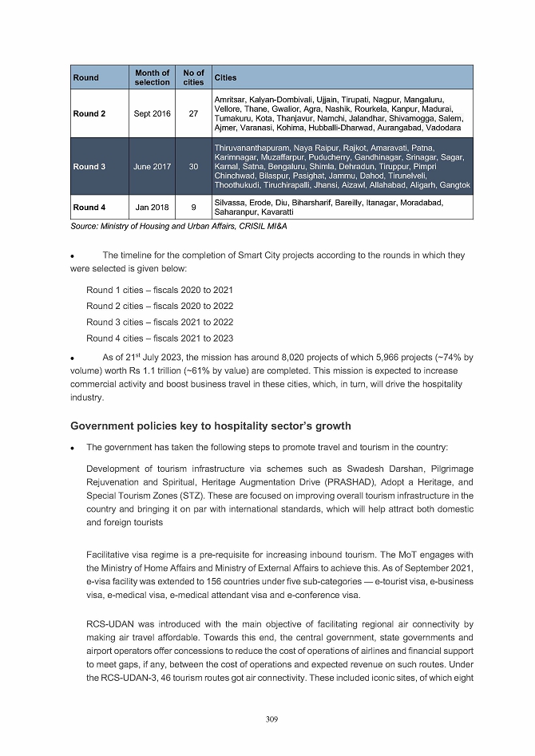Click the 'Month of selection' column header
pos(152,77)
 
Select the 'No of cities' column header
pos(193,77)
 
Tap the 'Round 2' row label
pos(89,114)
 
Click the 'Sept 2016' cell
pos(152,114)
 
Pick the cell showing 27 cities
pos(193,114)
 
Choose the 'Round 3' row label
pos(89,167)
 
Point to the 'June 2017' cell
pos(152,167)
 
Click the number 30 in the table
pos(193,167)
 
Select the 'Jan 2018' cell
pos(152,208)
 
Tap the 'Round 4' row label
pos(89,208)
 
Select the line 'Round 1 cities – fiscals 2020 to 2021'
pos(160,289)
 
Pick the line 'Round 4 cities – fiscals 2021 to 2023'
pos(160,338)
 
